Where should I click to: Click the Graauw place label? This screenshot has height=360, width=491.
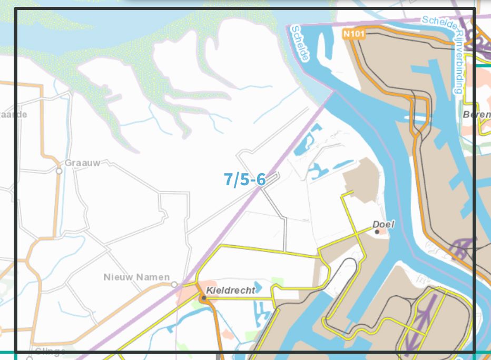pyautogui.click(x=82, y=163)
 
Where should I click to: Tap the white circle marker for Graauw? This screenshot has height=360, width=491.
pyautogui.click(x=59, y=171)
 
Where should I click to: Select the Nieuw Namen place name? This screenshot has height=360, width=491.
pyautogui.click(x=136, y=277)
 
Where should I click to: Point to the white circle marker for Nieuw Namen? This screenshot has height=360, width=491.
pyautogui.click(x=174, y=285)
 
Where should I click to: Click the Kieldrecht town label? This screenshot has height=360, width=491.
pyautogui.click(x=231, y=290)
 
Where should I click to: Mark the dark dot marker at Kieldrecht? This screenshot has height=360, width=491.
pyautogui.click(x=203, y=297)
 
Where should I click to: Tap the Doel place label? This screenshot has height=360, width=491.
pyautogui.click(x=384, y=224)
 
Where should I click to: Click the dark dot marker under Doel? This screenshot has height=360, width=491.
pyautogui.click(x=377, y=232)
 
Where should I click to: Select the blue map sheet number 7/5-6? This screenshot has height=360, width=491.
pyautogui.click(x=244, y=179)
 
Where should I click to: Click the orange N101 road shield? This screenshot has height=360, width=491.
pyautogui.click(x=353, y=34)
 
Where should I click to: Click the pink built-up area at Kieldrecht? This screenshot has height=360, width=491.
pyautogui.click(x=187, y=295)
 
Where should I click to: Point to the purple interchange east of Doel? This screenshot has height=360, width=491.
pyautogui.click(x=463, y=247)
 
